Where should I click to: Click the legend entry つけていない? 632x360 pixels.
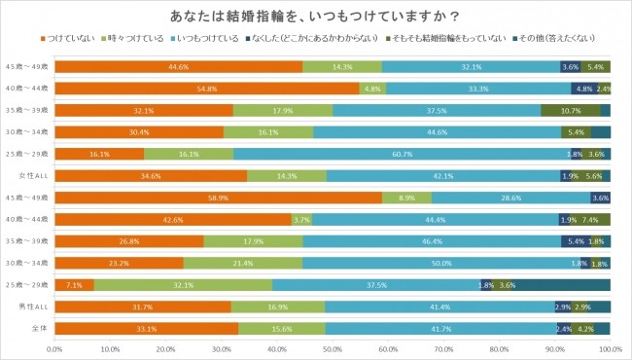point(73,38)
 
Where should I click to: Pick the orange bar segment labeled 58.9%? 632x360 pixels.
point(219,198)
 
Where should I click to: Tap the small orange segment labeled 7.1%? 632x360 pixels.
point(75,285)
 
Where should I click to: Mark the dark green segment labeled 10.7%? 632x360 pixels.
point(570,110)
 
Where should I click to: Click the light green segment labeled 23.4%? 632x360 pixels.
point(243,264)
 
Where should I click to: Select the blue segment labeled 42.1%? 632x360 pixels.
point(443,176)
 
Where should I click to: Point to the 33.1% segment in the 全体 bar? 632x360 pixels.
point(147,329)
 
